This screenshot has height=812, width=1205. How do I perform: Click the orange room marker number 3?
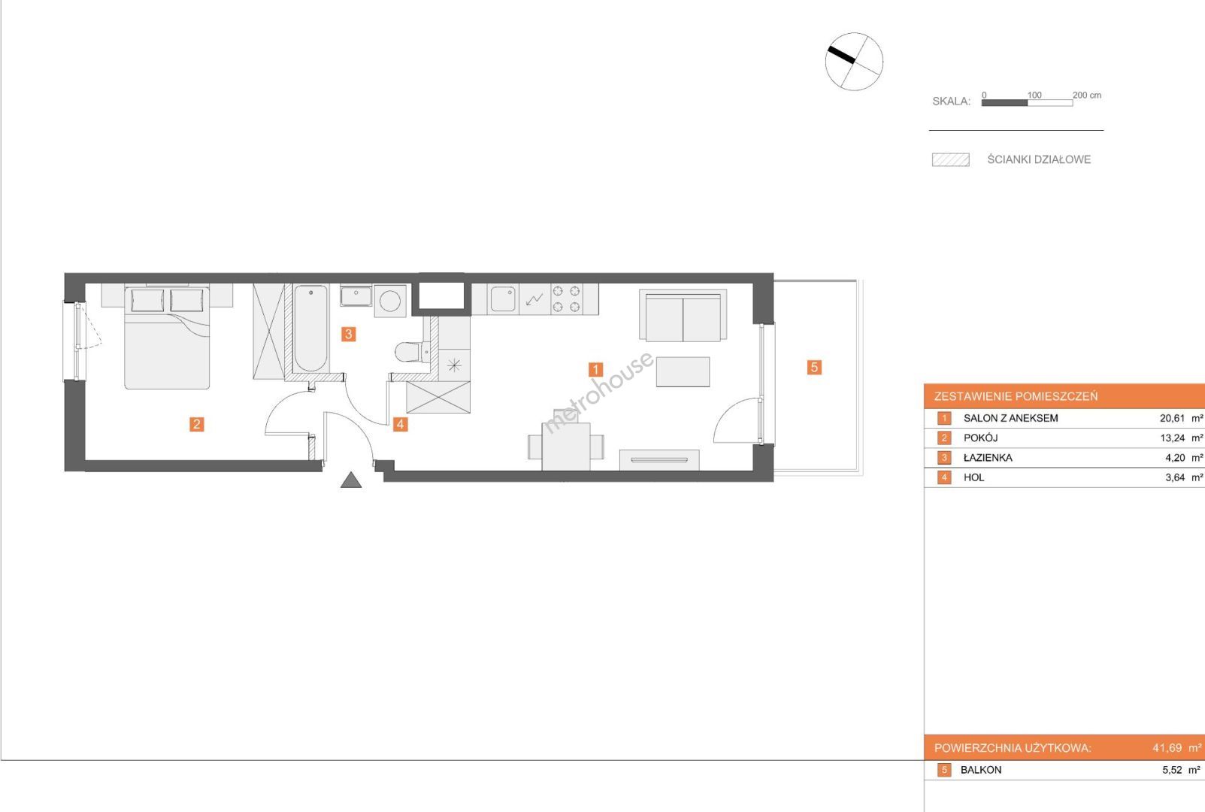pyautogui.click(x=348, y=334)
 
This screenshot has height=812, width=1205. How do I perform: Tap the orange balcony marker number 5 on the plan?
pyautogui.click(x=814, y=368)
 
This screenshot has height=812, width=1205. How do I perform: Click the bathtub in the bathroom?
pyautogui.click(x=311, y=329)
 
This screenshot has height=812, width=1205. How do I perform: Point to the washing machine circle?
pyautogui.click(x=390, y=301)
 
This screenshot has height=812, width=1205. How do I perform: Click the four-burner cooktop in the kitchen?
pyautogui.click(x=567, y=299)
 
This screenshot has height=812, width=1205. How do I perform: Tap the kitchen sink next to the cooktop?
pyautogui.click(x=503, y=299)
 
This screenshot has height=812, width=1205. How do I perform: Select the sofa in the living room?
pyautogui.click(x=683, y=315)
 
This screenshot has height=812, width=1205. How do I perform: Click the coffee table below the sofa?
pyautogui.click(x=683, y=372)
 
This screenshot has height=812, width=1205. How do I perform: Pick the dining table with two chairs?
pyautogui.click(x=566, y=447)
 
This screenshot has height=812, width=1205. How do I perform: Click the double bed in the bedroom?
pyautogui.click(x=168, y=336)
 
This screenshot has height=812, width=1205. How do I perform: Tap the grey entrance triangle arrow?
pyautogui.click(x=351, y=480)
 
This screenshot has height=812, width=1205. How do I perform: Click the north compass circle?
pyautogui.click(x=854, y=62)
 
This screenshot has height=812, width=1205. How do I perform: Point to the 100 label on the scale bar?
pyautogui.click(x=1034, y=95)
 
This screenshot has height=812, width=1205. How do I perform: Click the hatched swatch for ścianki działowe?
pyautogui.click(x=951, y=160)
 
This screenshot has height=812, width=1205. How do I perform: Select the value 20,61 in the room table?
pyautogui.click(x=1172, y=418)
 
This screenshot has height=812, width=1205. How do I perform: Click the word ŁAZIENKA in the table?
pyautogui.click(x=988, y=458)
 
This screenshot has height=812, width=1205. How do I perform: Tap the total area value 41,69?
pyautogui.click(x=1167, y=748)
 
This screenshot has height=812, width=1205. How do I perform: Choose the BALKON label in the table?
pyautogui.click(x=981, y=770)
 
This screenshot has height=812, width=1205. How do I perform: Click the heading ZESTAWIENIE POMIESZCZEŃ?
pyautogui.click(x=1016, y=396)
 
